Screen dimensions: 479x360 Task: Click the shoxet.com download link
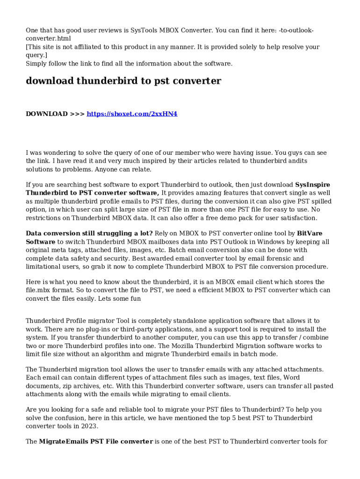(132, 114)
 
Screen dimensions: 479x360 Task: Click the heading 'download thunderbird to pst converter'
(123, 81)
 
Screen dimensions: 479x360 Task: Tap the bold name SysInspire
(313, 184)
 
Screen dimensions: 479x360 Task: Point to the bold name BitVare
(310, 233)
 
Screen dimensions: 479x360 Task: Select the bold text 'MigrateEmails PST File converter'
(96, 441)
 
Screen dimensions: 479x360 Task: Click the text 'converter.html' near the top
(48, 38)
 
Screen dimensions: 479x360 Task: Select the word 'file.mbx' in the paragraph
(39, 290)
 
